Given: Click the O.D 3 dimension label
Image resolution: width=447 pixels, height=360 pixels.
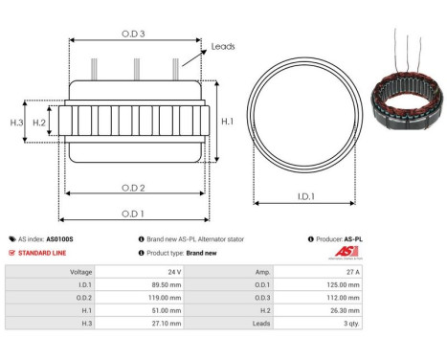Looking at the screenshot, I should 133,32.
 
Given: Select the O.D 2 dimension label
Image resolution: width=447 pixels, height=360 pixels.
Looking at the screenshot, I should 133,187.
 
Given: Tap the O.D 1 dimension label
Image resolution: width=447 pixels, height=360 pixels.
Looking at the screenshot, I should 133,214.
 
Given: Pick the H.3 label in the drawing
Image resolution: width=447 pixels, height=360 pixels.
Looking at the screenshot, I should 16,123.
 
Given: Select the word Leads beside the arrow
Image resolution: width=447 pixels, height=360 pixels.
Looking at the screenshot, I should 223,45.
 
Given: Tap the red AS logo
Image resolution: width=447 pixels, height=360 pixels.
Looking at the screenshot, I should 344,251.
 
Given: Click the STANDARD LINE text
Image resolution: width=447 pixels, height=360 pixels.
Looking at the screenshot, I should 44,253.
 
